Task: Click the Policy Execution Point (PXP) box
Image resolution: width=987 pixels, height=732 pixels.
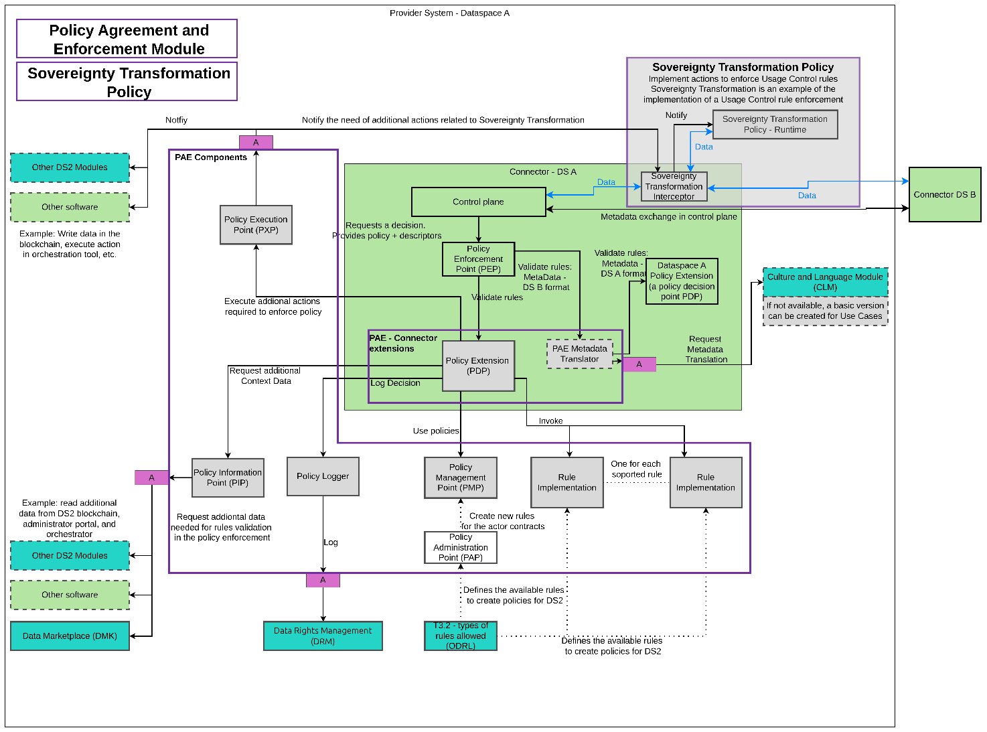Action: pos(256,225)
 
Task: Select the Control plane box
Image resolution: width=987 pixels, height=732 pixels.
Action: pos(478,202)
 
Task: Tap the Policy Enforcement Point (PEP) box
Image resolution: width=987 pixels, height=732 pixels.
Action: pos(478,259)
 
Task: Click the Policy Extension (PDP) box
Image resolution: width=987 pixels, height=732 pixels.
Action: pos(478,366)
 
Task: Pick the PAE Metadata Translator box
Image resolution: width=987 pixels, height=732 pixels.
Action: pos(579,354)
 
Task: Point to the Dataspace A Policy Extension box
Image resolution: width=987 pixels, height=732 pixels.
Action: pos(682,281)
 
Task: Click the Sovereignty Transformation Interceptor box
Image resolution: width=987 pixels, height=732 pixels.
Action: pos(674,187)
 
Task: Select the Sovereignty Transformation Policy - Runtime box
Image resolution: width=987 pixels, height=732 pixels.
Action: pos(775,125)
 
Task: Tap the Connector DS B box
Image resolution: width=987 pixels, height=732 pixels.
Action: pos(944,195)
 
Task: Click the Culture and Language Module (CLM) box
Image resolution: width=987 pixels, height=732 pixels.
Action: pos(825,282)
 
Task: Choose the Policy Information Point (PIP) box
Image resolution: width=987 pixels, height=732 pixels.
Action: pos(228,478)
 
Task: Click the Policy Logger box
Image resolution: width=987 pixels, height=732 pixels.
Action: pos(323,476)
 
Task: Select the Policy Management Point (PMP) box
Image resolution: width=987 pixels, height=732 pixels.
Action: pos(461,478)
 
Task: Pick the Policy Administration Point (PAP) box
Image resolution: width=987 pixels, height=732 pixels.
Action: pos(461,547)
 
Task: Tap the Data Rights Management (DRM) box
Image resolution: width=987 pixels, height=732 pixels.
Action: pos(323,636)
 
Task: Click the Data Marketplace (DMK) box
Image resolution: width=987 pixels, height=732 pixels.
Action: pos(70,636)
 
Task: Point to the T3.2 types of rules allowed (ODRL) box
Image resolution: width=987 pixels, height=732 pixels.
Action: pos(461,636)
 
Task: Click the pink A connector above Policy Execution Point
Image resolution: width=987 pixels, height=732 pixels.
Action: pos(256,143)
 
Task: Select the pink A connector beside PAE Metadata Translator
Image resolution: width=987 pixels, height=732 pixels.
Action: pos(639,364)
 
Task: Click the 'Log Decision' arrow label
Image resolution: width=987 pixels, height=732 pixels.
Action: pos(395,383)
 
